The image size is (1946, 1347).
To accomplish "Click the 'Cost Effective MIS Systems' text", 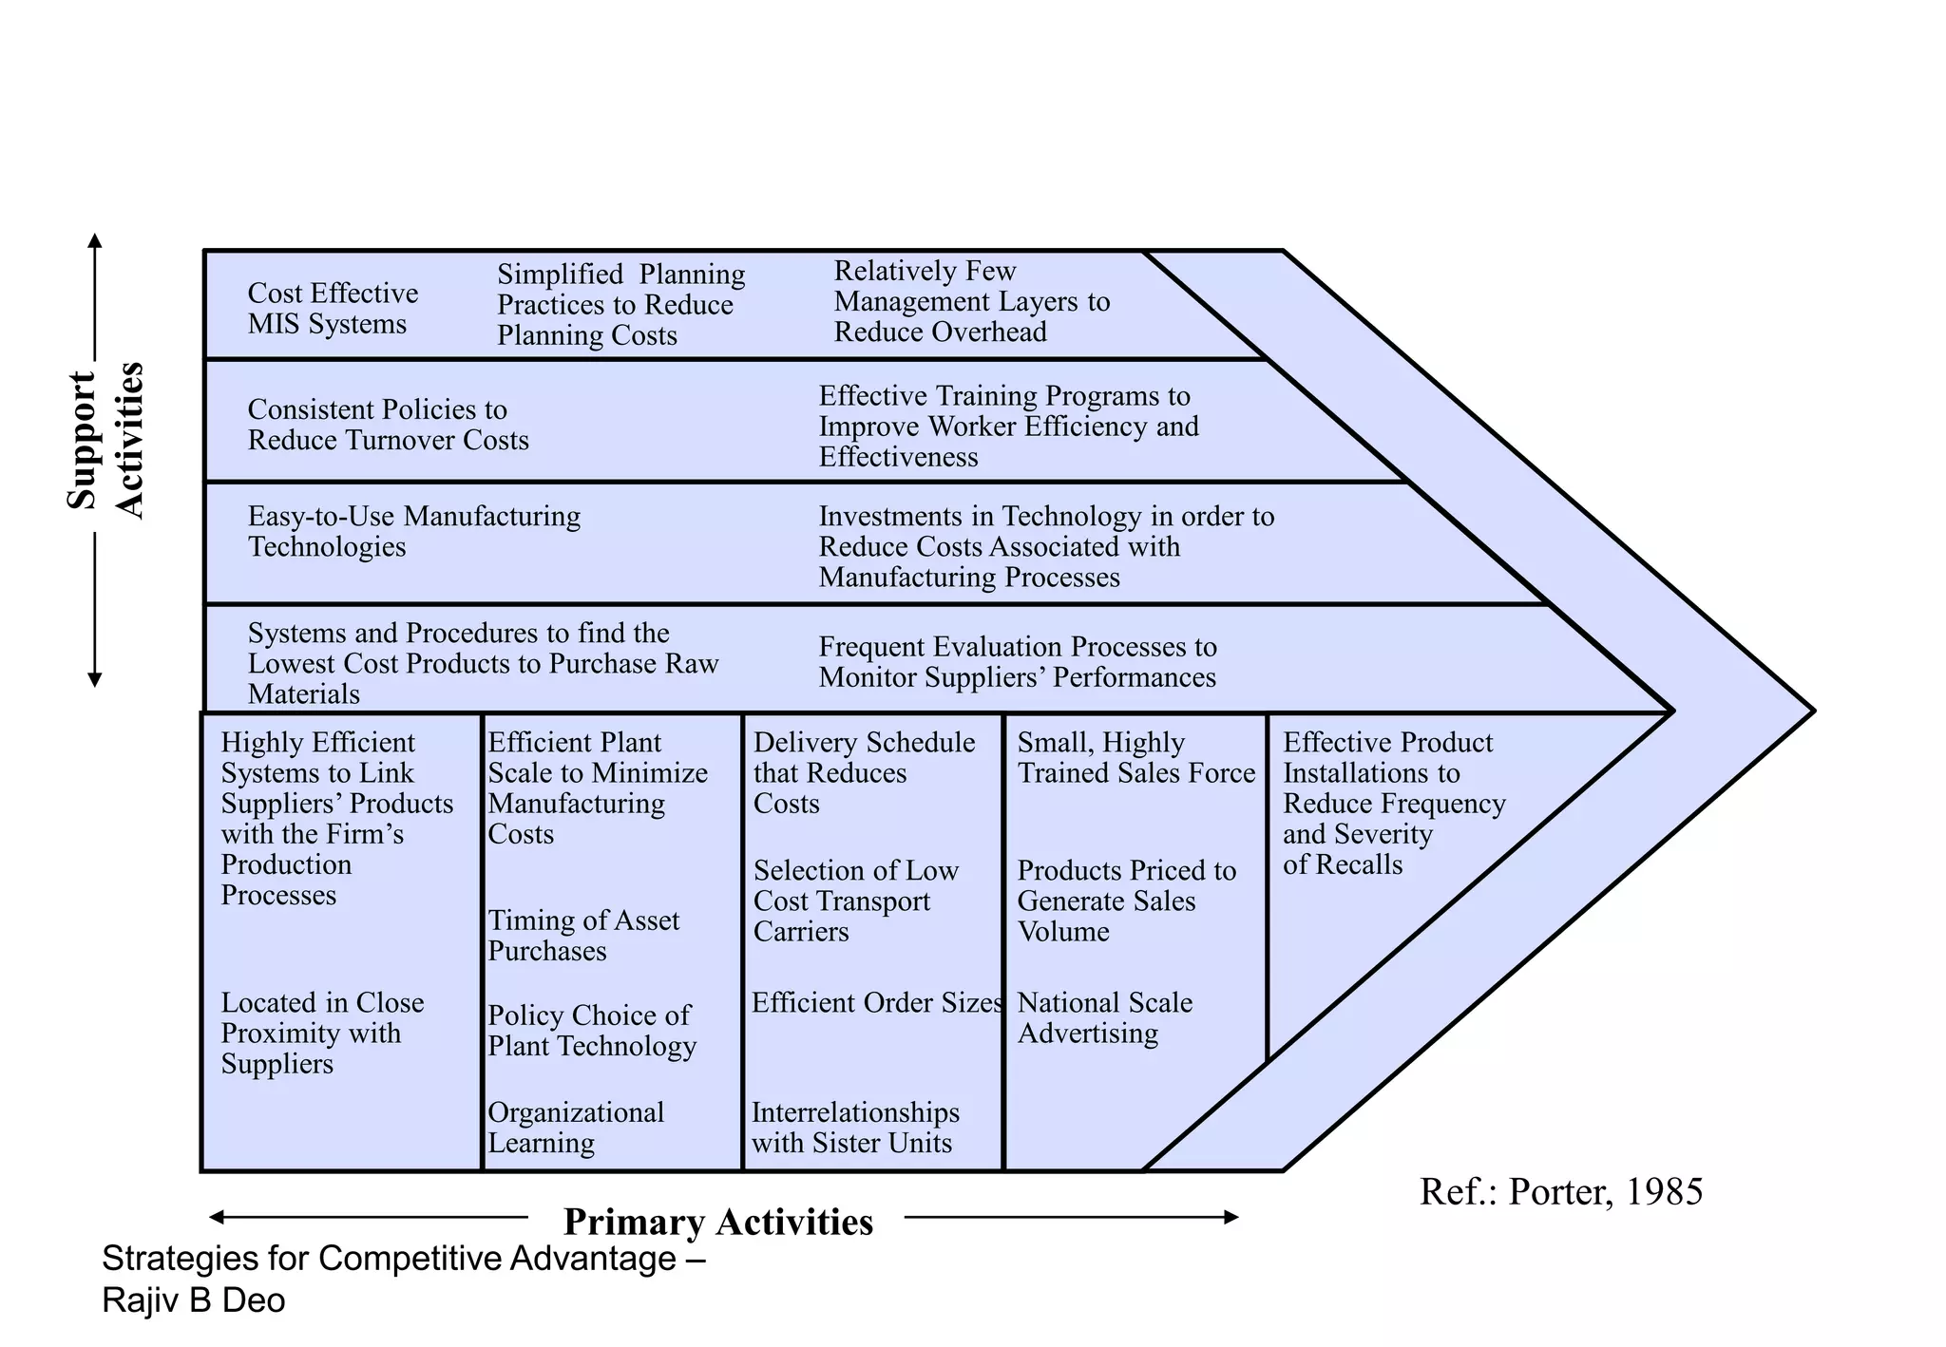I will point(332,309).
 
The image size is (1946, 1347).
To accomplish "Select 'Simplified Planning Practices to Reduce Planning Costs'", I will point(620,305).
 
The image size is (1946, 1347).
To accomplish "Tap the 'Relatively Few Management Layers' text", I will point(971,301).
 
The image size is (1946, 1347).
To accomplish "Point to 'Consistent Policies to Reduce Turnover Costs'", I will point(387,425).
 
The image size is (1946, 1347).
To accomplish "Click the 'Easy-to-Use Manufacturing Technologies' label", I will point(413,531).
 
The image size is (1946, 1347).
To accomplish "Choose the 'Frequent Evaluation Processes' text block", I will point(1017,662).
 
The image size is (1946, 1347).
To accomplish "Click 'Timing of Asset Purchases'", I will point(582,936).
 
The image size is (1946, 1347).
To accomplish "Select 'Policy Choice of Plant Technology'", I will point(591,1031).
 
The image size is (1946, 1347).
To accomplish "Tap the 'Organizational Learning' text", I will point(575,1128).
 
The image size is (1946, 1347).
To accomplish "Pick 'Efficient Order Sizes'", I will point(876,1003).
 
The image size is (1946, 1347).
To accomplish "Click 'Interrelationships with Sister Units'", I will point(854,1128).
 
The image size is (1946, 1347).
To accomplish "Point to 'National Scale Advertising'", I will point(1104,1018).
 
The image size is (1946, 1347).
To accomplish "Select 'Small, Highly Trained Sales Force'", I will point(1135,758).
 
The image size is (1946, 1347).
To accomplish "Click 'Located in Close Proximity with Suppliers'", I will point(321,1034).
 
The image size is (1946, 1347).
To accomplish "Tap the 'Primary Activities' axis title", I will point(717,1223).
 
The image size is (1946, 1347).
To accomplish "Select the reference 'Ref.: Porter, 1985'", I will point(1560,1192).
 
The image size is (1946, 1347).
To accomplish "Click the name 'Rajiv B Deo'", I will point(193,1300).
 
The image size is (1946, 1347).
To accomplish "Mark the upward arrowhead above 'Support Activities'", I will point(94,239).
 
